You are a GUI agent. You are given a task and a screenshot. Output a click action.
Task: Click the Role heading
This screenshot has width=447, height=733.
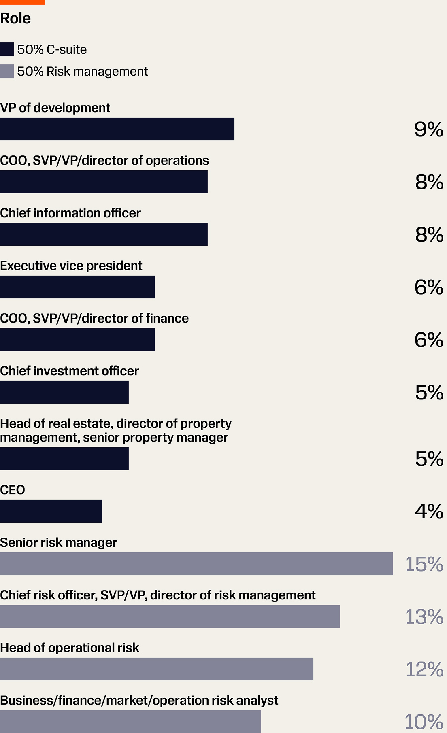click(15, 19)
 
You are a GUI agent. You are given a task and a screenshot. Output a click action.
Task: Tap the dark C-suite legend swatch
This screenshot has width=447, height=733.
click(7, 49)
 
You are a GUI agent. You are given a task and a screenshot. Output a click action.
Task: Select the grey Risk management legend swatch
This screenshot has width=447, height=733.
click(7, 71)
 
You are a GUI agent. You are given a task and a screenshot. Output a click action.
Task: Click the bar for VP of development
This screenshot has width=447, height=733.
click(117, 129)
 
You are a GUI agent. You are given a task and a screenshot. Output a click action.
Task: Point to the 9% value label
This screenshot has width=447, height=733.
click(429, 130)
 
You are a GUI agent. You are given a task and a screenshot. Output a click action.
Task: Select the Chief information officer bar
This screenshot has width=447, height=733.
click(104, 234)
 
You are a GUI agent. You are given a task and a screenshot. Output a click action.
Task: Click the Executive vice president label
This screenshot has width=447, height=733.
click(71, 266)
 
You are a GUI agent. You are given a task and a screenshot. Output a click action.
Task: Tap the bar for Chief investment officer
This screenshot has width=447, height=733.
click(64, 392)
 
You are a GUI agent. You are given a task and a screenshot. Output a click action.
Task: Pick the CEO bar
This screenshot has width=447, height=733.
click(51, 511)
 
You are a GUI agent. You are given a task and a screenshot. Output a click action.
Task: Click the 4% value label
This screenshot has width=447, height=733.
click(429, 512)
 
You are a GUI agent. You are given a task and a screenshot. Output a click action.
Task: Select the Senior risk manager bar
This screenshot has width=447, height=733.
click(196, 564)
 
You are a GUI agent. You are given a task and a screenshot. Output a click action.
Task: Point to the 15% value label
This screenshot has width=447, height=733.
click(424, 564)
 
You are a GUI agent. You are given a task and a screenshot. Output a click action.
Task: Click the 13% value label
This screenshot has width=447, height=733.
click(424, 617)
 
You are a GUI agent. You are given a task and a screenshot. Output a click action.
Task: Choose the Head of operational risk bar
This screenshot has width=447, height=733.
click(157, 669)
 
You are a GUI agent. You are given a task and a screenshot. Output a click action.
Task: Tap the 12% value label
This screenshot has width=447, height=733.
click(424, 669)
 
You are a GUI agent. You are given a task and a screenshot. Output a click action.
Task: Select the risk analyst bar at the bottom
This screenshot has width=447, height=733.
click(130, 722)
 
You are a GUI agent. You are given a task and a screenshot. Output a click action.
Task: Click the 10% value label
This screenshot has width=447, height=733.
click(424, 722)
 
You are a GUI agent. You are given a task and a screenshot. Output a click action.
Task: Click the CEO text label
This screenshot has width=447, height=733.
click(13, 490)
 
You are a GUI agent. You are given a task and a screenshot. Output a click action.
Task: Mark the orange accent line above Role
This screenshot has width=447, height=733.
click(23, 2)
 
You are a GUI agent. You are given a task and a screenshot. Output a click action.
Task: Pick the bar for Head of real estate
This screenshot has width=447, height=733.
click(64, 459)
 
